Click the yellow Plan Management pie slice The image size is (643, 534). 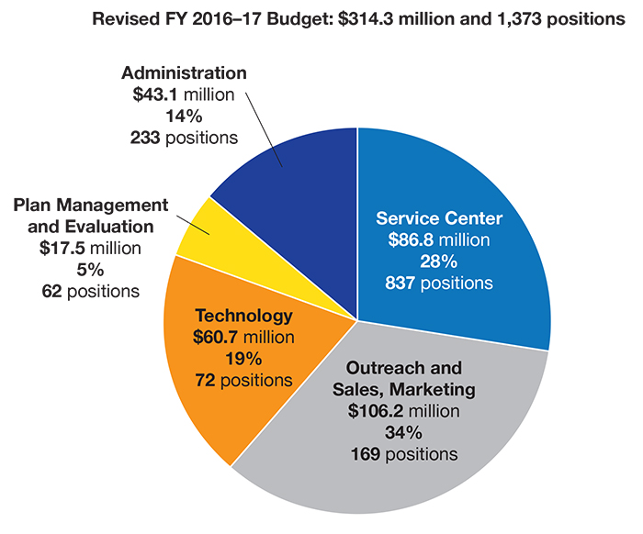click(204, 229)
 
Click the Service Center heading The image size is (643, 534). click(439, 219)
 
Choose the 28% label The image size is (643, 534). click(440, 261)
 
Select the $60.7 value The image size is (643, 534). click(215, 338)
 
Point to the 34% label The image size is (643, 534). click(403, 432)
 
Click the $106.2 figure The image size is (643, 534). click(375, 411)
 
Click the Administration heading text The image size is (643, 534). click(185, 72)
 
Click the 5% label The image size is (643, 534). click(90, 271)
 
